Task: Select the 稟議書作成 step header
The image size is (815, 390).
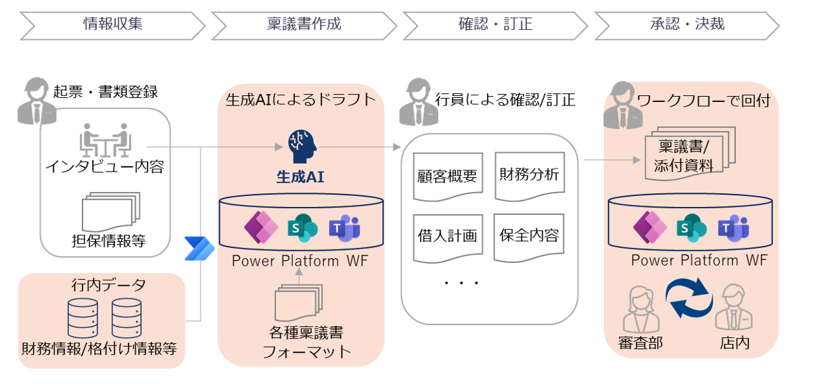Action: (x=304, y=25)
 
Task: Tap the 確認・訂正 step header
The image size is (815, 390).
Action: (x=495, y=25)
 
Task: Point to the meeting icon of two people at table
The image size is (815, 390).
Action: (x=106, y=141)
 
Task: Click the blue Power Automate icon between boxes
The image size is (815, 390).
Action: (x=199, y=249)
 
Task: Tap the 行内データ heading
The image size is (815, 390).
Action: (x=101, y=285)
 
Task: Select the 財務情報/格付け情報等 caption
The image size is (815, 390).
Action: (x=101, y=349)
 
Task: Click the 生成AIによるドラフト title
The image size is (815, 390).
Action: (x=300, y=100)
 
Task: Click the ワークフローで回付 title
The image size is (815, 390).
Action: (x=703, y=101)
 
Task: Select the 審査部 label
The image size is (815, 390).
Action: (x=640, y=343)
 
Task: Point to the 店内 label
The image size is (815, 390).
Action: (x=735, y=343)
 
